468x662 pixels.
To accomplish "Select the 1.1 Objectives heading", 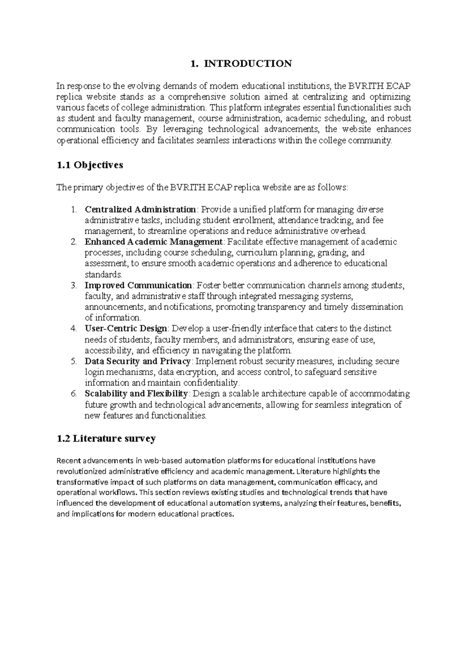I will click(x=90, y=165).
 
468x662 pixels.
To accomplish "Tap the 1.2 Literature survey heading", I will click(x=106, y=439).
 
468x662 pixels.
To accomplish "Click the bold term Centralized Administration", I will click(x=140, y=210).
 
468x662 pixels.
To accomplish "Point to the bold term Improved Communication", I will click(x=138, y=285).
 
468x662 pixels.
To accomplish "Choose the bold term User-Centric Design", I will click(x=126, y=329).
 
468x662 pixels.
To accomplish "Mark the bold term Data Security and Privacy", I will click(x=138, y=361).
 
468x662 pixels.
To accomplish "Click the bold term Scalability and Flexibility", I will click(x=136, y=394).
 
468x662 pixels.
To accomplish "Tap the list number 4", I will click(x=74, y=329).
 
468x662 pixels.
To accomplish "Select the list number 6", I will click(x=74, y=394).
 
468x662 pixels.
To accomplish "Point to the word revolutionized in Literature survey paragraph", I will click(x=82, y=472).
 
